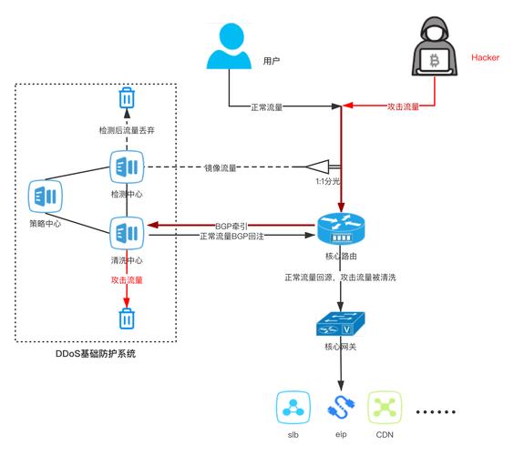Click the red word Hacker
point(486,57)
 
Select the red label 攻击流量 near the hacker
point(404,106)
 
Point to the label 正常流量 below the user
point(266,106)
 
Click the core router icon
point(341,227)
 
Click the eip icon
point(341,409)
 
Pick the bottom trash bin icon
point(127,318)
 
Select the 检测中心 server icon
point(127,168)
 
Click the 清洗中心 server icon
point(127,232)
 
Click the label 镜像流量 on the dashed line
point(221,168)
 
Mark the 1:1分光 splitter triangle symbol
point(319,167)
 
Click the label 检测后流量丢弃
point(127,129)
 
